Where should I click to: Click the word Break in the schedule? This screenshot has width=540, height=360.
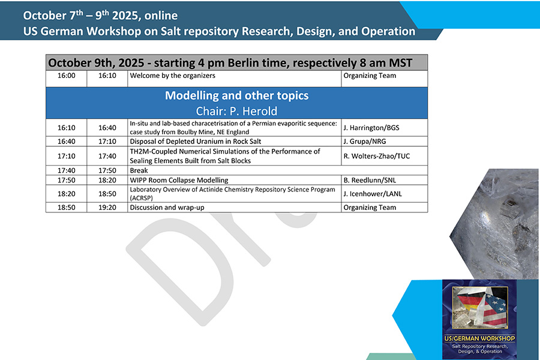click(139, 170)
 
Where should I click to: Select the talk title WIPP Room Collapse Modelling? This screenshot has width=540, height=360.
click(179, 180)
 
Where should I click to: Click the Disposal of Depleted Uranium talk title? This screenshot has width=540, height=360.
click(195, 141)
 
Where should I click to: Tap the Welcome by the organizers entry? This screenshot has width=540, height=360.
click(173, 76)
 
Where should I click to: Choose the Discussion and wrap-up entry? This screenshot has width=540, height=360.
click(167, 208)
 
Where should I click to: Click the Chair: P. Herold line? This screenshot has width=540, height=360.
click(236, 111)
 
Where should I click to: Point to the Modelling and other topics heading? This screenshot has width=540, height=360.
click(236, 95)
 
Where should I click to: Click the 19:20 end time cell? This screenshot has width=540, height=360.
click(107, 208)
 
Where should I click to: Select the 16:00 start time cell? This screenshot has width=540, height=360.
click(67, 76)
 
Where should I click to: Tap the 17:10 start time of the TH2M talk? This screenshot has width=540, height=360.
click(67, 156)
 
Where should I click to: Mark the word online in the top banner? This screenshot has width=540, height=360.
click(161, 16)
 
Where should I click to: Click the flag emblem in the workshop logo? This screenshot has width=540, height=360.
click(480, 307)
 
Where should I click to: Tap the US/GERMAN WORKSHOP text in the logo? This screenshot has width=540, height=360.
click(479, 338)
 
